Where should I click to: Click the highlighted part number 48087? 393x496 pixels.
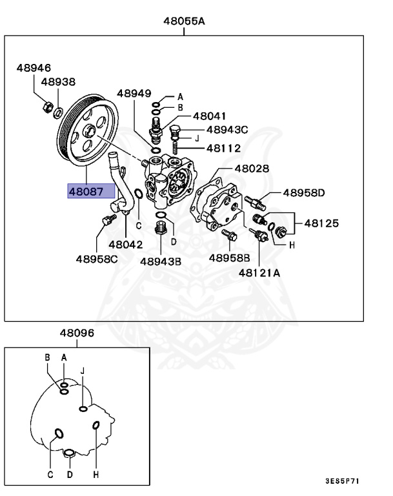click(91, 192)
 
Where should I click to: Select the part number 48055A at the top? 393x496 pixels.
click(184, 21)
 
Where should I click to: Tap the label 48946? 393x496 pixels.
click(34, 68)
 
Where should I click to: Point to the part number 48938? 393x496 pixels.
click(58, 82)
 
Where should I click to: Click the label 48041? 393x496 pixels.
click(209, 116)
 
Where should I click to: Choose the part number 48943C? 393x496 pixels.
click(227, 130)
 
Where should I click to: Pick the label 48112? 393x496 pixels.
click(223, 148)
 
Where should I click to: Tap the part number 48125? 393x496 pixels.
click(322, 223)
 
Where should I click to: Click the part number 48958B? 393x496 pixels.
click(228, 257)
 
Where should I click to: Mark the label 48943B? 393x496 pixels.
click(161, 261)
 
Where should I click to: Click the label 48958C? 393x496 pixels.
click(97, 259)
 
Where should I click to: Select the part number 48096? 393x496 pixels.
click(77, 333)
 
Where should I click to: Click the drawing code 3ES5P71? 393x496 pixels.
click(342, 481)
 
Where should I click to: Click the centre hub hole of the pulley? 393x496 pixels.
click(89, 134)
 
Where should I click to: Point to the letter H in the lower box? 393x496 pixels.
click(96, 475)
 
